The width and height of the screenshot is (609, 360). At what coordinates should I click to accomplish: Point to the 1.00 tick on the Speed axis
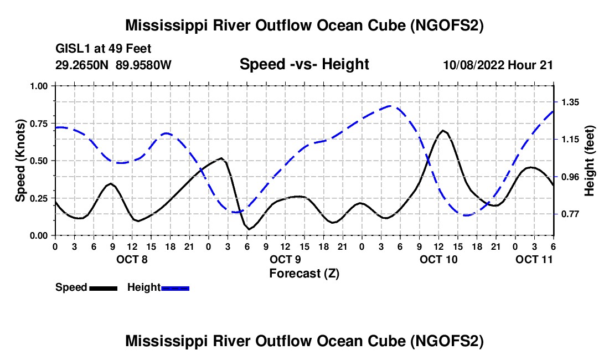tap(40, 86)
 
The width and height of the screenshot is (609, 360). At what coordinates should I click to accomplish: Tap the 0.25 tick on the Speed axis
tap(40, 198)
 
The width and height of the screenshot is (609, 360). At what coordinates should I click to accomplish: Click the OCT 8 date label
tap(132, 259)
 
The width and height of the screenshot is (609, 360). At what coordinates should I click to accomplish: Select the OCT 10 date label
tap(438, 259)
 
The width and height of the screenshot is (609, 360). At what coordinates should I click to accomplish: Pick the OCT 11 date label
tap(534, 259)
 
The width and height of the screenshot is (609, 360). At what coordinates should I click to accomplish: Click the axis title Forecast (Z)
tap(304, 273)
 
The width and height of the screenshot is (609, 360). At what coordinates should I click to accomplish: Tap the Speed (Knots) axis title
tap(20, 161)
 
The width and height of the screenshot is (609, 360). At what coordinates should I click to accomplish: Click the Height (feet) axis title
tap(590, 161)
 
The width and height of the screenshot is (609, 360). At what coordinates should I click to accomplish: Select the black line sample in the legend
tap(103, 288)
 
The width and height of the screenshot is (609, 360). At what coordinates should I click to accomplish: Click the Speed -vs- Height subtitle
tap(304, 65)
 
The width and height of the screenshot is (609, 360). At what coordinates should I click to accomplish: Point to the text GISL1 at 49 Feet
tap(104, 49)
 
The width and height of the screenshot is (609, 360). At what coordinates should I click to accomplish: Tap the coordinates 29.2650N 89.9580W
tap(113, 65)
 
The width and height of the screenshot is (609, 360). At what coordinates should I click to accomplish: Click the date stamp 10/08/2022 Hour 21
tap(498, 65)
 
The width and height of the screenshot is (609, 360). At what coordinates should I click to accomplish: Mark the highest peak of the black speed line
tap(443, 131)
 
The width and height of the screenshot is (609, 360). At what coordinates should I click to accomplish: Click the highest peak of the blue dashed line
tap(391, 106)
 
